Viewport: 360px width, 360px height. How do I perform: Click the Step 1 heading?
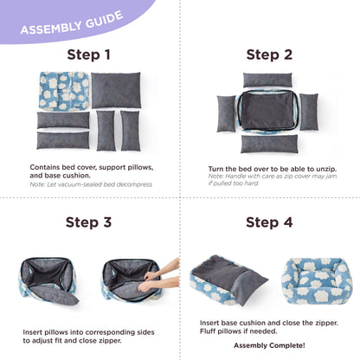(x=89, y=55)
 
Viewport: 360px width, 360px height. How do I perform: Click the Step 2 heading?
(x=269, y=55)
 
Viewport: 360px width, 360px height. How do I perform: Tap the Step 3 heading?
(x=89, y=222)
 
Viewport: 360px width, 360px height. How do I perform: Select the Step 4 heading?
(x=269, y=222)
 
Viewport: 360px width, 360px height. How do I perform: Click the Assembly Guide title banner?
(x=72, y=26)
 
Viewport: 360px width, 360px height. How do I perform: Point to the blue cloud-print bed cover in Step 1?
(x=64, y=91)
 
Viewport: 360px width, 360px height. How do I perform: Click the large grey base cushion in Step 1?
(x=116, y=90)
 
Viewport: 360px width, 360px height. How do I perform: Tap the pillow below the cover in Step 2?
(x=269, y=144)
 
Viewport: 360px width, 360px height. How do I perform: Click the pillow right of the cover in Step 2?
(x=308, y=112)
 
